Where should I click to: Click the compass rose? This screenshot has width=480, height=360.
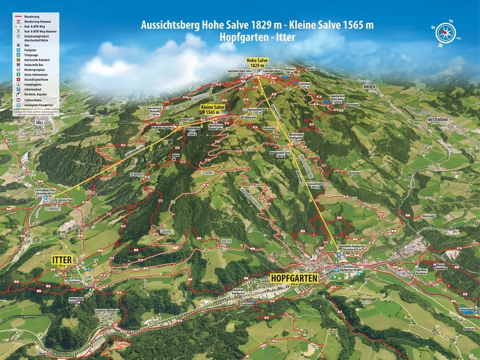click(x=446, y=33)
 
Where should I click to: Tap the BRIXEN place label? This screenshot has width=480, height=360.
click(x=372, y=86)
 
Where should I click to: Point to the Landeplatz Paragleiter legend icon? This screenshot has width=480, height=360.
click(x=17, y=105)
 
